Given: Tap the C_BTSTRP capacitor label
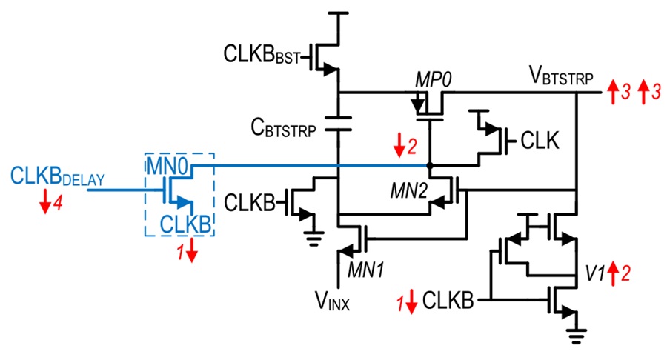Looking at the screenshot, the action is click(283, 127).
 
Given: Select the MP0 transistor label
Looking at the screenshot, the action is click(433, 80).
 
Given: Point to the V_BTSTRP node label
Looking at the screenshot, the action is click(561, 76).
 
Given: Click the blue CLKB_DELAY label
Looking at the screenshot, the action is click(57, 176).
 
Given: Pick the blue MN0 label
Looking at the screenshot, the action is click(167, 166).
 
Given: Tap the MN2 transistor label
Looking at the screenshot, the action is click(409, 191).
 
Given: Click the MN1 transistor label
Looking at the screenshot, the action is click(366, 270).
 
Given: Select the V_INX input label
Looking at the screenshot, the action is click(332, 301).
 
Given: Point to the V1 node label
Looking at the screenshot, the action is click(595, 274).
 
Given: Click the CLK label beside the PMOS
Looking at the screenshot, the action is click(540, 140).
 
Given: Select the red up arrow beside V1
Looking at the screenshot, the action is click(613, 274).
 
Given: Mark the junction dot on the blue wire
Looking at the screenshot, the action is click(430, 166).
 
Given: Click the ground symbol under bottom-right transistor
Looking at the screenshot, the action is click(576, 336).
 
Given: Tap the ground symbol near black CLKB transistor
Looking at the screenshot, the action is click(314, 239).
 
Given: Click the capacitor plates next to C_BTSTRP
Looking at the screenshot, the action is click(338, 123).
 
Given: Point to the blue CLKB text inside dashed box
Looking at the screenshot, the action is click(185, 224).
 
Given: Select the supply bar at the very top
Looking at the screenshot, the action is click(337, 13).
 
